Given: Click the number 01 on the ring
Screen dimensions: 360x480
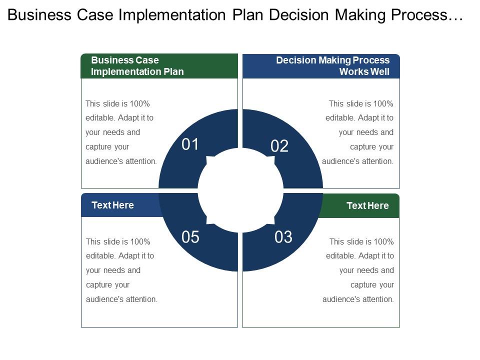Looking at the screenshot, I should tap(190, 145).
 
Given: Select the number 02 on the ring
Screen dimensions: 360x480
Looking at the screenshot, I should tap(279, 146).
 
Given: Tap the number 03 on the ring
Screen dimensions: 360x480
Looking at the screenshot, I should tap(283, 237).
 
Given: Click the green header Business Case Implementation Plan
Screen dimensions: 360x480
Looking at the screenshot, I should tap(159, 66).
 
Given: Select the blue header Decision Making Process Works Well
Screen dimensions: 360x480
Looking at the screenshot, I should tap(321, 66).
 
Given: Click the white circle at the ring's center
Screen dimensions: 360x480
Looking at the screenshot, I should tap(240, 190).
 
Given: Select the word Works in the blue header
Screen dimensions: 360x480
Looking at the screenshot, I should tap(351, 71).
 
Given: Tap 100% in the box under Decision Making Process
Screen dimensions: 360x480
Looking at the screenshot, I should tap(382, 103).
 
